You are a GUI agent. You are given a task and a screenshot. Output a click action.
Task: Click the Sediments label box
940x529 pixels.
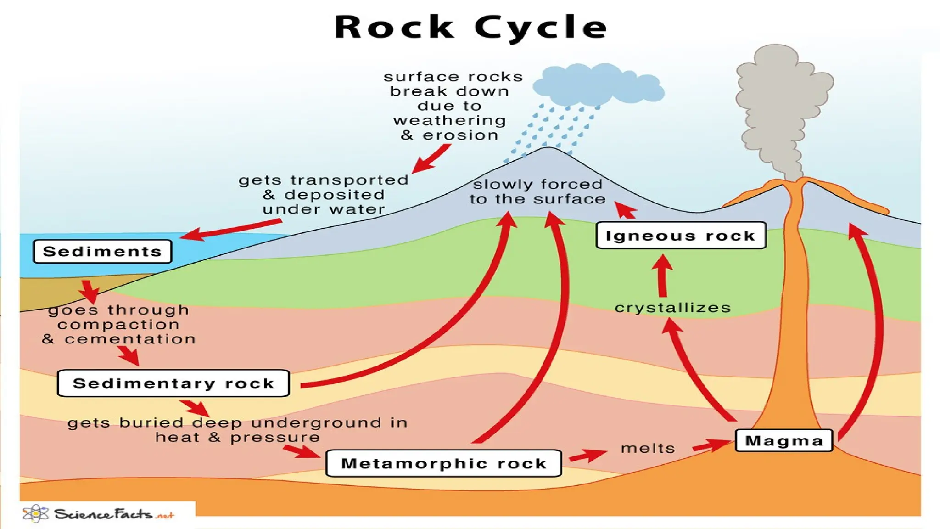[102, 251]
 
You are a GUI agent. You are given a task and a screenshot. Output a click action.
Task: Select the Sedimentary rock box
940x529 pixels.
[173, 383]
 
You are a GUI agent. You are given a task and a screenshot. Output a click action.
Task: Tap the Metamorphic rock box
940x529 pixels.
[443, 463]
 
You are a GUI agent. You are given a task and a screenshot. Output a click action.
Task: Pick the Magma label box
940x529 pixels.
[783, 440]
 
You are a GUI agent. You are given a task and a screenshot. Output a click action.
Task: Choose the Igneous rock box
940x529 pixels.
[681, 235]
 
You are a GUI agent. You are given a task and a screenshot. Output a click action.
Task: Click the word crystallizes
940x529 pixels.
[672, 307]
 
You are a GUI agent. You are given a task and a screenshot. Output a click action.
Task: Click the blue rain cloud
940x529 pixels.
[597, 85]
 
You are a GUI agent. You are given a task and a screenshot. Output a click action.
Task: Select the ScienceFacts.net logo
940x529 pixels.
[99, 514]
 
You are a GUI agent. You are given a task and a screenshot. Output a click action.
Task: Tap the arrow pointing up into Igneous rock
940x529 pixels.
[662, 276]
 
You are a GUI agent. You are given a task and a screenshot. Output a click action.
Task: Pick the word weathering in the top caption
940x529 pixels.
[449, 120]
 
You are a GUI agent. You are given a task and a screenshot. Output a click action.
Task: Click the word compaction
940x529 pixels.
[118, 324]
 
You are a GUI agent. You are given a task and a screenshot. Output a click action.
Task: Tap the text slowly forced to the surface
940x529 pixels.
[537, 191]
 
